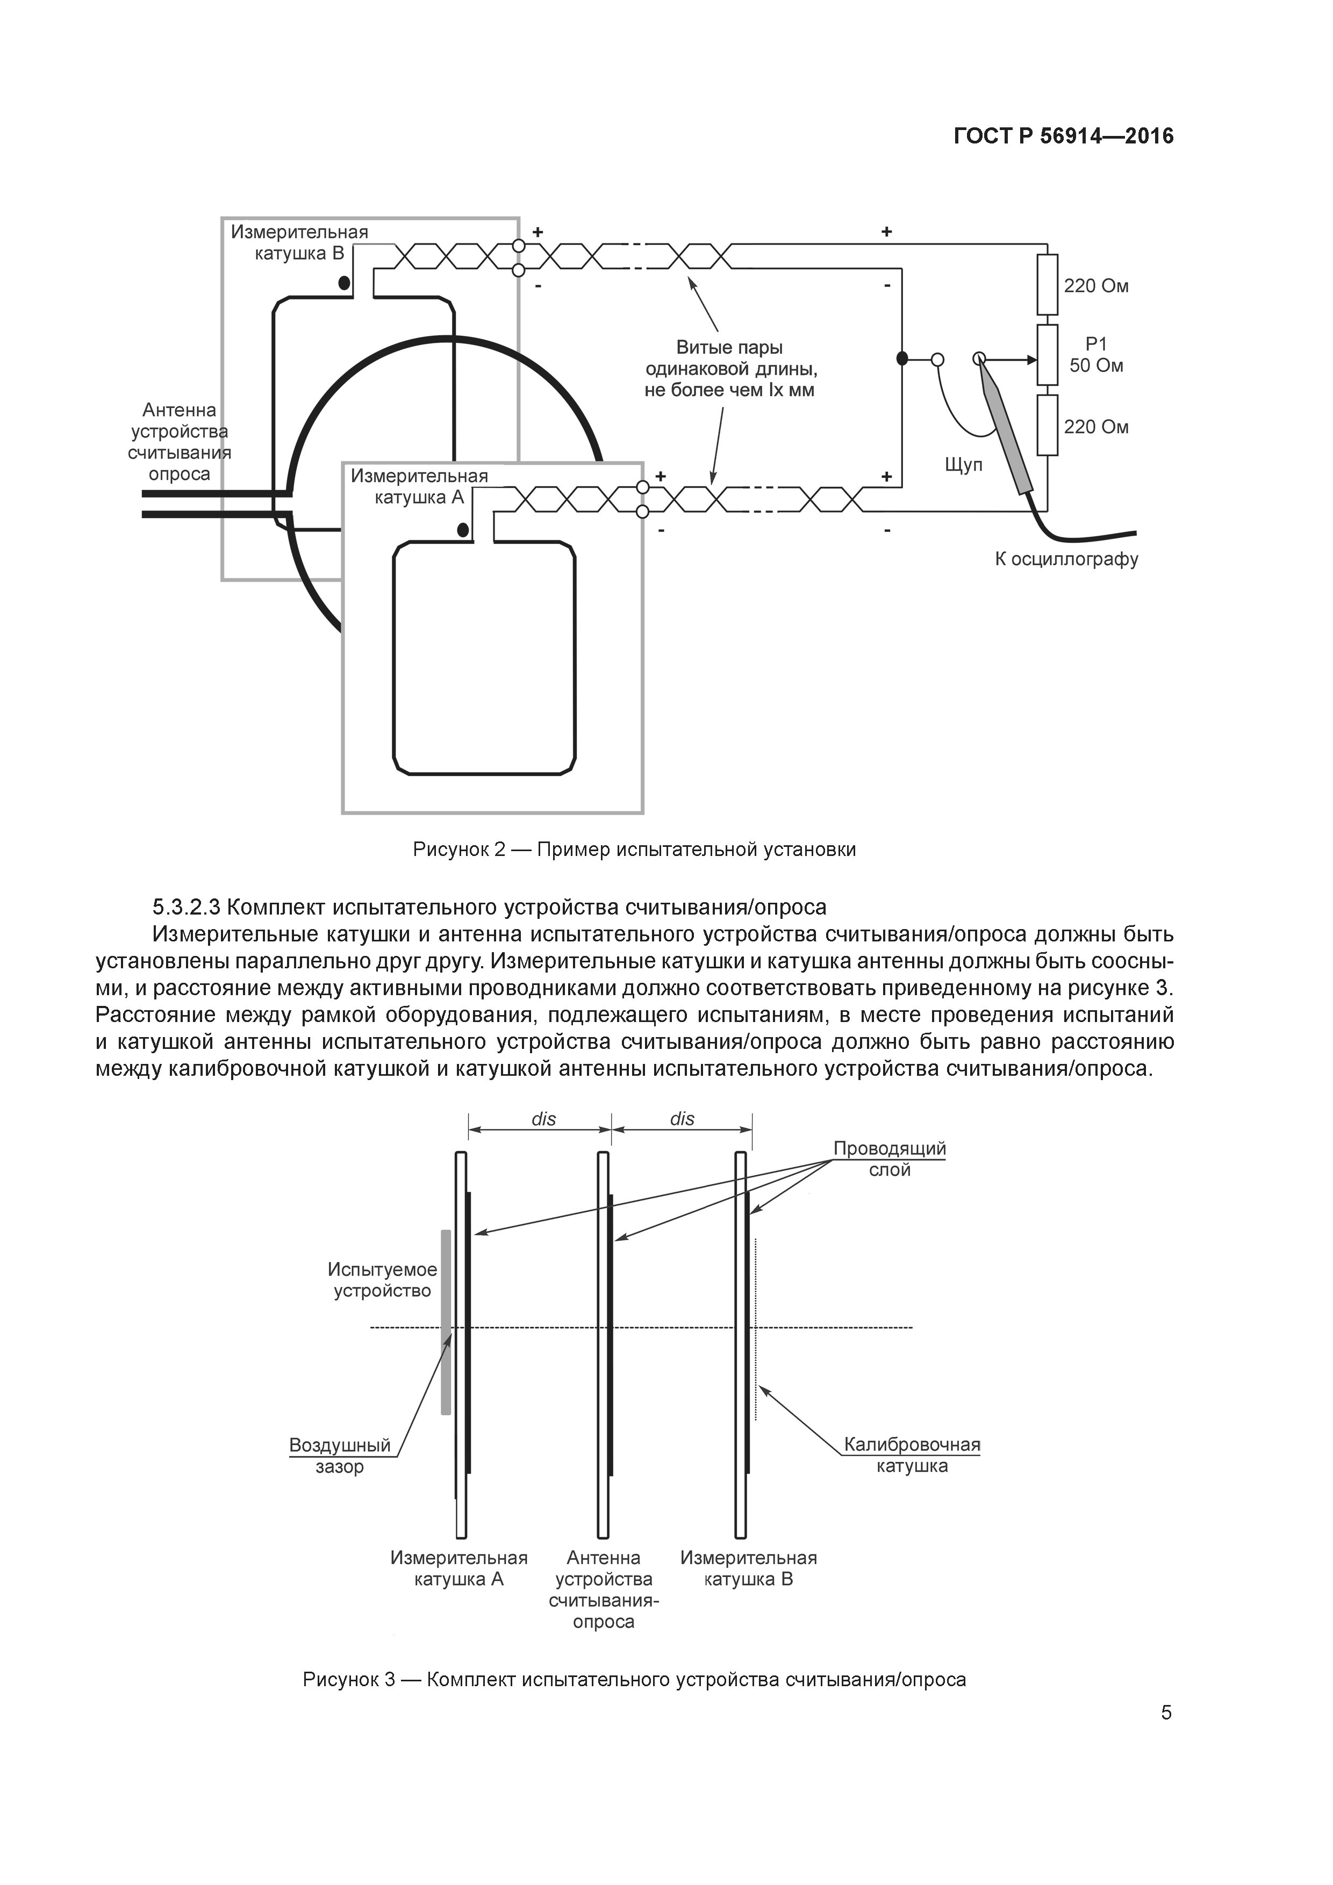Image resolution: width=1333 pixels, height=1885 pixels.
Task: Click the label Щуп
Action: click(963, 465)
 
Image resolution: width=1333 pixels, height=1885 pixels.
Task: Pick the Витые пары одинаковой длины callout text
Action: click(729, 369)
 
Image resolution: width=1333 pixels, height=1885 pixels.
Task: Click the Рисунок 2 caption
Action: click(634, 850)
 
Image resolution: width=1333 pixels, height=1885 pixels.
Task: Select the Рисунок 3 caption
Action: click(634, 1657)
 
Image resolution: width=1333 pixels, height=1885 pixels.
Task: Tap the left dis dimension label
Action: click(544, 1119)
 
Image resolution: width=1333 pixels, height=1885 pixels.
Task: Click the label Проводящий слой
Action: click(890, 1159)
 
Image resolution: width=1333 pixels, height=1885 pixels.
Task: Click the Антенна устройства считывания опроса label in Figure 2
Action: click(179, 442)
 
